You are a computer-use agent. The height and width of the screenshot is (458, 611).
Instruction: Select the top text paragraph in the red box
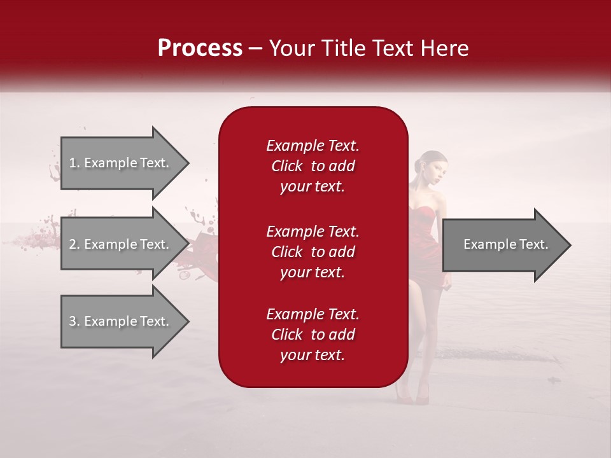[313, 166]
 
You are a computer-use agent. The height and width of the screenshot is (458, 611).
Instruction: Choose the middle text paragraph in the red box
[313, 252]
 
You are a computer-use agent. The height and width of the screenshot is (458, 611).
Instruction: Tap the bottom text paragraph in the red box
[313, 335]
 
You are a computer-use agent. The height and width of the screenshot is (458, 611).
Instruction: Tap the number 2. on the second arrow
[74, 244]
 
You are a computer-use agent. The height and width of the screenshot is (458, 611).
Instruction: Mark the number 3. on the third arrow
[74, 321]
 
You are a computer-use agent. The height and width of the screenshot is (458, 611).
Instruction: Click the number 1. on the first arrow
[74, 163]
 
